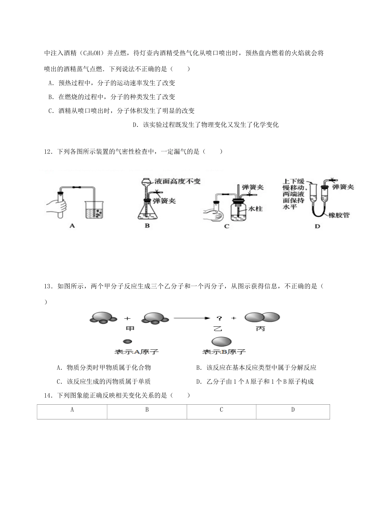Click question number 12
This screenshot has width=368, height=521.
(48, 152)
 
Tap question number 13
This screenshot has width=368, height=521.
(48, 286)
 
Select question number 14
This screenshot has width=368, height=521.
(48, 395)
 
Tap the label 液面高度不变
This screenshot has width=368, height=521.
(177, 181)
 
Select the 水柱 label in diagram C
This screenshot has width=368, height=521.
(256, 209)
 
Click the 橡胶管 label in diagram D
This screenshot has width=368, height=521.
(338, 215)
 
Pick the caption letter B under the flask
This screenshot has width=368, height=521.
(147, 225)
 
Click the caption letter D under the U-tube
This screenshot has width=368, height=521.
(317, 226)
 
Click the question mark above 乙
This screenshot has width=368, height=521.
(219, 318)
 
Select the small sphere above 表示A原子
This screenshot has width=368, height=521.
(127, 342)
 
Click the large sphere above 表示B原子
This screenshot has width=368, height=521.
(222, 342)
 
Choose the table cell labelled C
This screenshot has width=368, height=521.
(221, 412)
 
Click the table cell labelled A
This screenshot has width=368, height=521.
(72, 412)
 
